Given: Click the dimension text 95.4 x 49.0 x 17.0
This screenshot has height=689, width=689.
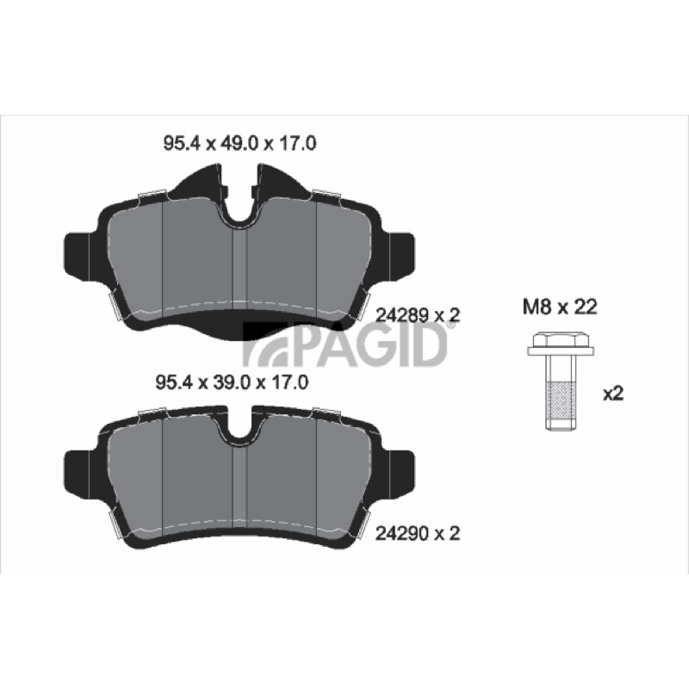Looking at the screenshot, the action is pos(239,144).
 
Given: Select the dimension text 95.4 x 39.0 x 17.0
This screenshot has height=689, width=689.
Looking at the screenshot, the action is pos(232,382).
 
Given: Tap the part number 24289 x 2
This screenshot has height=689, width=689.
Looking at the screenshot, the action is pos(418,315).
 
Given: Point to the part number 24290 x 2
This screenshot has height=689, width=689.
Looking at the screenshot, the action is pos(418,533).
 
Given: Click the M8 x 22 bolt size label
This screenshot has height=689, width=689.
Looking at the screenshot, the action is pos(560,307).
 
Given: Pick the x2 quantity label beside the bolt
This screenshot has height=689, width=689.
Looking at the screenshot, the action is pos(613,394).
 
